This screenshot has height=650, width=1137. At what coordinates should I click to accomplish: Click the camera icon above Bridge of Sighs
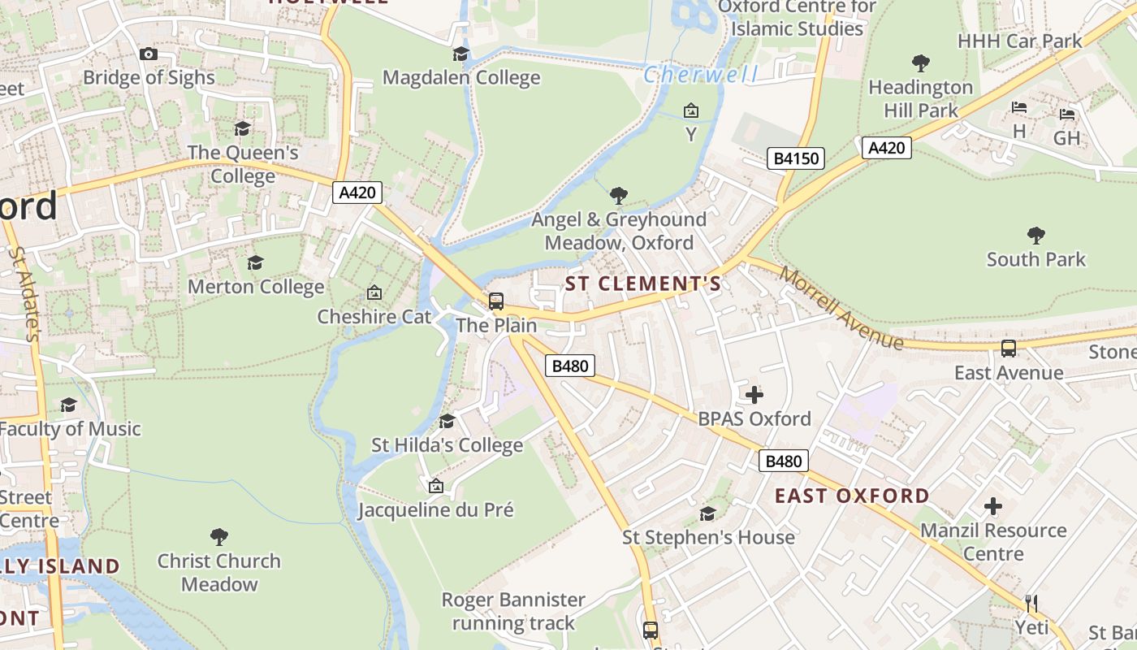148,54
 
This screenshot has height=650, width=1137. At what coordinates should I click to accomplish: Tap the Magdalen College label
461,77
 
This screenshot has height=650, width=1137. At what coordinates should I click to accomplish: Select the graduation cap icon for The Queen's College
242,128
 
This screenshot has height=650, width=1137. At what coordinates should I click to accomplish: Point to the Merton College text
256,287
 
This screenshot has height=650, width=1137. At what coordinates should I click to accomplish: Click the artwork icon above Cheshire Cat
374,292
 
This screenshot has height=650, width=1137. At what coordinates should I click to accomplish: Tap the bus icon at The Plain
495,301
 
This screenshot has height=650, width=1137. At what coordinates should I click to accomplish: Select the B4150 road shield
796,158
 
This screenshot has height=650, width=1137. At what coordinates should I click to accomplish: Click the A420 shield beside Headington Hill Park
886,148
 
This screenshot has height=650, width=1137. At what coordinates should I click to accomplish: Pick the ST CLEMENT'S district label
642,284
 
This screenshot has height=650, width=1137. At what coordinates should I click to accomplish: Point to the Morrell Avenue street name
841,307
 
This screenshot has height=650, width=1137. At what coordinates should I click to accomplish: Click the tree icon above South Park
1035,236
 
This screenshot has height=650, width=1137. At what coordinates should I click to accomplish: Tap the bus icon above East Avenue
1009,349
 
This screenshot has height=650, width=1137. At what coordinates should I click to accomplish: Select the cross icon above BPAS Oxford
754,395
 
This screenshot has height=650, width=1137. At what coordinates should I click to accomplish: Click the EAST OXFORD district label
852,496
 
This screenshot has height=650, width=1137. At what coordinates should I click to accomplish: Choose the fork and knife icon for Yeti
1031,603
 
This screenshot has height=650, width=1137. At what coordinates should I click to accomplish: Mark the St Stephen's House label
708,537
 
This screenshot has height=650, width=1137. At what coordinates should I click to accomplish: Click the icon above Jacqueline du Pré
435,486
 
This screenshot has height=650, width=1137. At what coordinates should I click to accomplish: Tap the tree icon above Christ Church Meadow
218,536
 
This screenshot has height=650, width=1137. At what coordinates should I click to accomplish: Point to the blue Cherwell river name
701,75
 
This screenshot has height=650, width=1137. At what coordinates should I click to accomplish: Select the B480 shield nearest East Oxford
784,461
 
